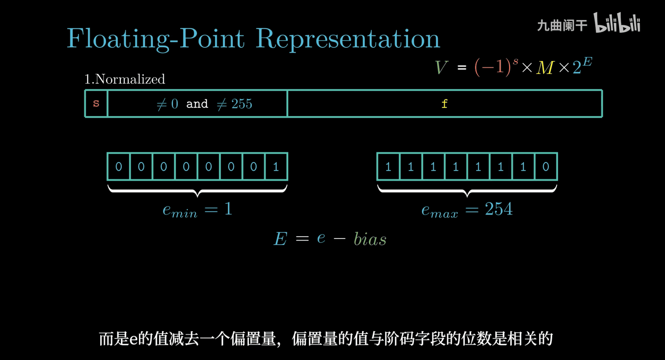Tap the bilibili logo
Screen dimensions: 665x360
[x=617, y=23]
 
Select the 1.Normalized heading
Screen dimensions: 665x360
[x=125, y=79]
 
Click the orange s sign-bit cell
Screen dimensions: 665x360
[x=96, y=103]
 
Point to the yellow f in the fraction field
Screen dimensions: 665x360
[x=444, y=104]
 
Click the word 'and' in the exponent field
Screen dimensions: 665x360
[x=197, y=104]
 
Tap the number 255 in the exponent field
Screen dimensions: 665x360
[x=242, y=104]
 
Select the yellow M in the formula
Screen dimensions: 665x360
[x=545, y=68]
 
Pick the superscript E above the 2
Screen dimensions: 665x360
[x=588, y=62]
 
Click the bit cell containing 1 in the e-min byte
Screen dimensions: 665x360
[x=276, y=167]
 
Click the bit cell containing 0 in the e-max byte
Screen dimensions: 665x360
[x=546, y=167]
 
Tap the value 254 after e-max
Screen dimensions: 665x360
[x=499, y=209]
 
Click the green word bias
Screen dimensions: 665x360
[x=370, y=239]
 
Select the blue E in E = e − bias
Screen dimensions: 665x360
[x=280, y=239]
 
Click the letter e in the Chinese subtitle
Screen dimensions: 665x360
[x=133, y=339]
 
